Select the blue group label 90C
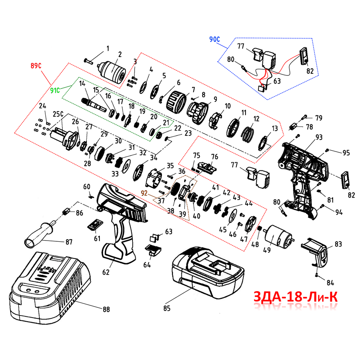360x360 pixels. [x=214, y=40]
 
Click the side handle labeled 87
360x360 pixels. [x=39, y=235]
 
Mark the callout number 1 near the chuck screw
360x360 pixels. [x=108, y=49]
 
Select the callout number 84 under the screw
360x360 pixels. [x=330, y=282]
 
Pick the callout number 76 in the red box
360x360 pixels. [x=214, y=157]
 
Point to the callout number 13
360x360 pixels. [x=275, y=128]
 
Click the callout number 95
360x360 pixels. [x=346, y=153]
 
